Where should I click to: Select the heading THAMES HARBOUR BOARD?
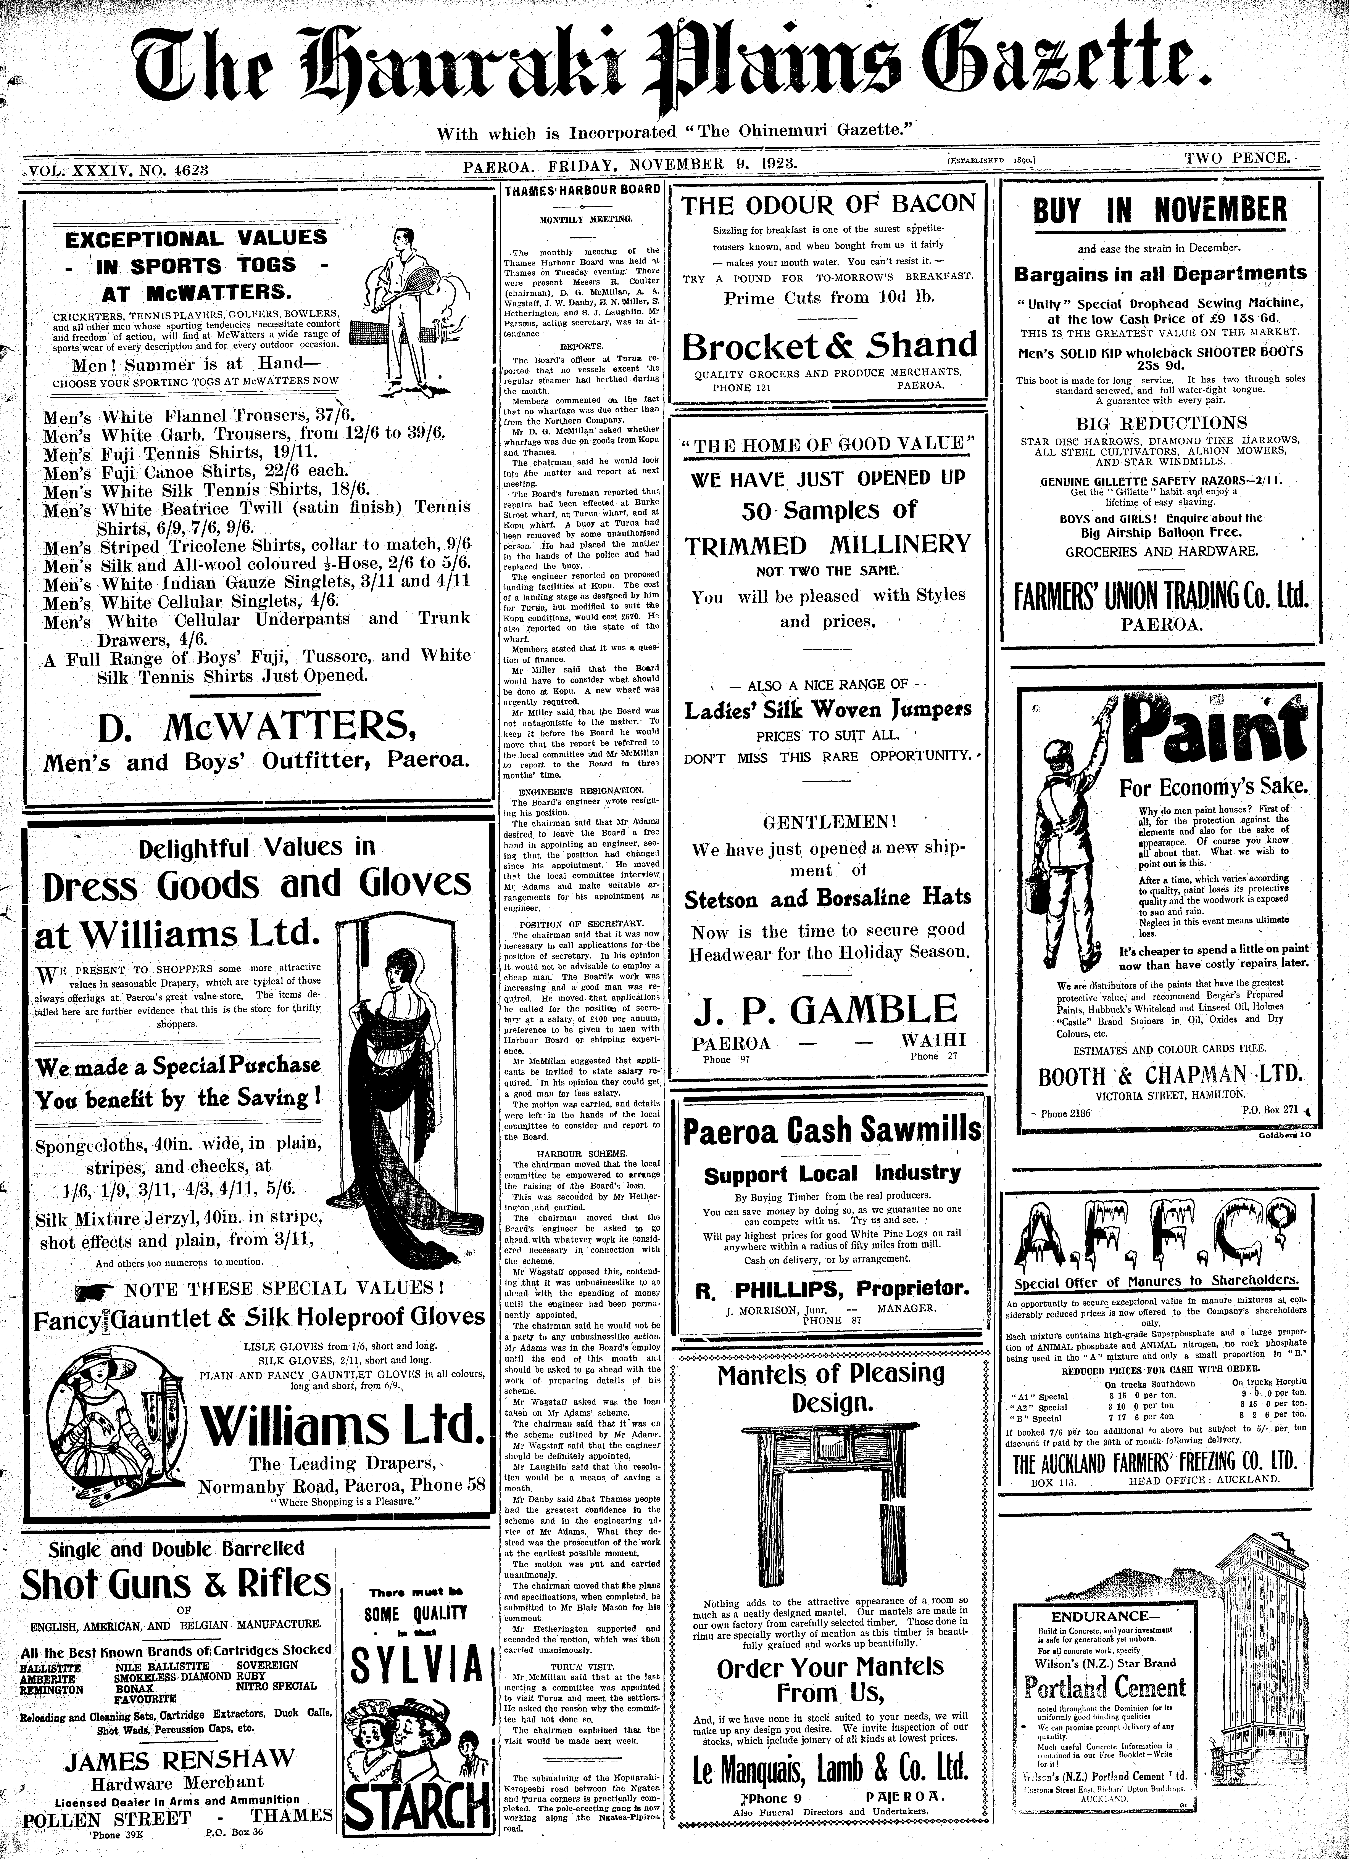(x=582, y=189)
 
